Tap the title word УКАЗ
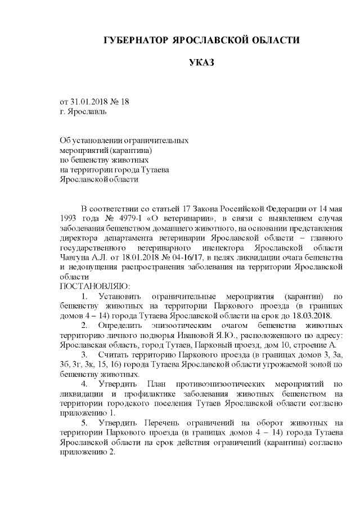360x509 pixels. click(201, 62)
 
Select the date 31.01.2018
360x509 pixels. click(89, 101)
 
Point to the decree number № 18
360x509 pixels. click(119, 101)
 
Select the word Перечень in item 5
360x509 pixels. click(160, 423)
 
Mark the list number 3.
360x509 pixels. click(84, 355)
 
